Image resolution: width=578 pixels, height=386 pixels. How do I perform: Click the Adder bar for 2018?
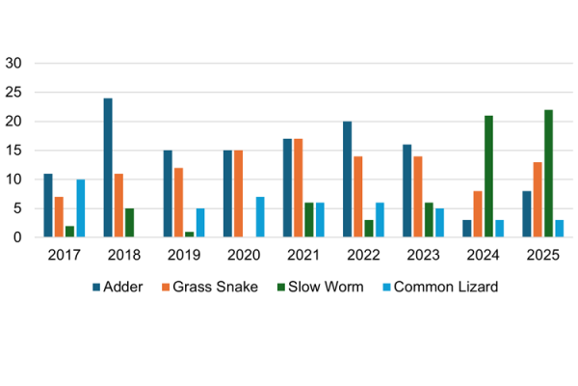tap(108, 168)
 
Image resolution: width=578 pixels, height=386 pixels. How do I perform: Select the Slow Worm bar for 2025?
tap(548, 174)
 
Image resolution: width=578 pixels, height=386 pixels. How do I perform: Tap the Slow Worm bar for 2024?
tap(488, 177)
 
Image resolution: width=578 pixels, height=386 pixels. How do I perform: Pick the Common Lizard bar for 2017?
tap(81, 208)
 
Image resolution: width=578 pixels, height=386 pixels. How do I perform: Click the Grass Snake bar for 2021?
tap(299, 188)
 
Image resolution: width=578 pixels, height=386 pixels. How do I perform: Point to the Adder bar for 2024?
tap(467, 229)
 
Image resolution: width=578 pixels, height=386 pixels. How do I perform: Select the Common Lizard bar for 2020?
tap(260, 217)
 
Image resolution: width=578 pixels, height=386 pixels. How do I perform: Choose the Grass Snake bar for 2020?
tap(239, 194)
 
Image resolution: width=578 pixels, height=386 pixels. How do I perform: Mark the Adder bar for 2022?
tap(347, 179)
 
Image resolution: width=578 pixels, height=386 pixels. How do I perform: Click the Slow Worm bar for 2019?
tap(190, 234)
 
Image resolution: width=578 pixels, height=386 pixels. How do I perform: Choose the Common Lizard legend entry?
tap(433, 287)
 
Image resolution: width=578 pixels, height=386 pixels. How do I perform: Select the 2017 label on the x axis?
tap(63, 255)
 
